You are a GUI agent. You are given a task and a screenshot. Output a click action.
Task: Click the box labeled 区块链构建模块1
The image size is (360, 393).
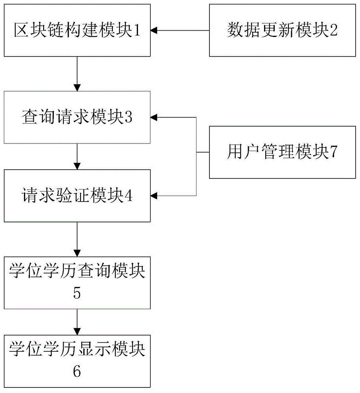point(77,30)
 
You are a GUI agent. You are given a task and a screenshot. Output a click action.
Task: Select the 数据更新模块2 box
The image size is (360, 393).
point(282,30)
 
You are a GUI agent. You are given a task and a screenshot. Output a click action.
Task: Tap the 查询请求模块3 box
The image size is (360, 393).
point(77,117)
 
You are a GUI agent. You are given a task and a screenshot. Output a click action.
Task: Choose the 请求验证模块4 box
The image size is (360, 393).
point(77,196)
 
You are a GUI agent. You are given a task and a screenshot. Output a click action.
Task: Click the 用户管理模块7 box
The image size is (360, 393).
point(282,152)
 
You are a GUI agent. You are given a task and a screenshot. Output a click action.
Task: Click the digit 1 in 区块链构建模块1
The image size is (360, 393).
point(136,31)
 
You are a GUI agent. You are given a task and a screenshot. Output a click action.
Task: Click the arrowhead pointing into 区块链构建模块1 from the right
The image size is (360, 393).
point(154,30)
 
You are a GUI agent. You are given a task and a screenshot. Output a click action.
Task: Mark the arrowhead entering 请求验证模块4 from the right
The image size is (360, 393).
point(154,195)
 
